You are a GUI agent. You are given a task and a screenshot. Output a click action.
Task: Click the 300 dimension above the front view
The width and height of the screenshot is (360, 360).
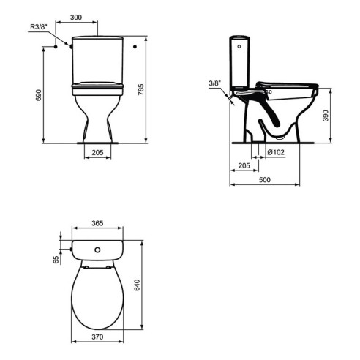pyautogui.click(x=96, y=17)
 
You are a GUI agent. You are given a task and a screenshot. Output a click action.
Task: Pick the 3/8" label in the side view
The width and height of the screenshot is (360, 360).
pyautogui.click(x=214, y=83)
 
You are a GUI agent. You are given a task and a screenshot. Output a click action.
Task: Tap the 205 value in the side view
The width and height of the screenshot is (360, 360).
pyautogui.click(x=244, y=166)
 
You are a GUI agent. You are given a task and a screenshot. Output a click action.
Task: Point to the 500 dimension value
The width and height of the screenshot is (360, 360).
pyautogui.click(x=264, y=181)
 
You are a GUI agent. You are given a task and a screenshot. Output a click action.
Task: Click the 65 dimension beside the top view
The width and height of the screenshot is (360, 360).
pyautogui.click(x=56, y=258)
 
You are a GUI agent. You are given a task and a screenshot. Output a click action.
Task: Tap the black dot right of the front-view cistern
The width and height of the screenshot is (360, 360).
pyautogui.click(x=135, y=48)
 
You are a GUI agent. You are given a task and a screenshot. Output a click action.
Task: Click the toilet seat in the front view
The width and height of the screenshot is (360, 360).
pyautogui.click(x=97, y=87)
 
